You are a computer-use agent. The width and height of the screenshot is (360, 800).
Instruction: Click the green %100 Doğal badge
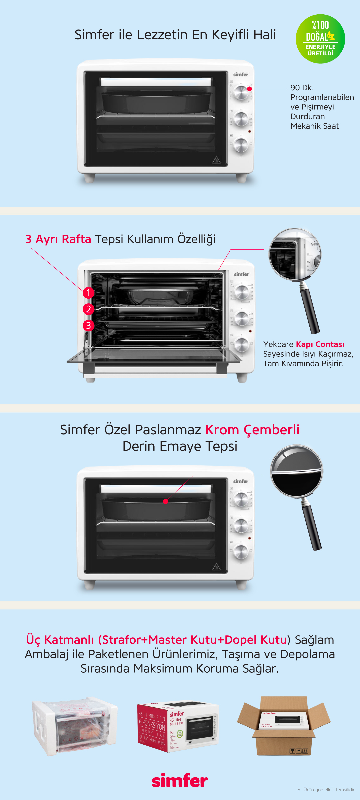point(320,39)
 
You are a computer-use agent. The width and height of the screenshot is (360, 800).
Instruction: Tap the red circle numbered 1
point(88,293)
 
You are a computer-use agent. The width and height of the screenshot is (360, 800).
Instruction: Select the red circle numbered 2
point(88,309)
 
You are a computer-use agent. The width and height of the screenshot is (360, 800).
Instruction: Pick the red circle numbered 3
point(88,325)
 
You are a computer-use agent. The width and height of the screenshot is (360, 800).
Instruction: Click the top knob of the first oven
point(241,92)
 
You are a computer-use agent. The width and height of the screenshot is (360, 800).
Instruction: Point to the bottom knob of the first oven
point(241,145)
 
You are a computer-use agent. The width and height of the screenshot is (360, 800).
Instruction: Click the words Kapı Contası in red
point(320,344)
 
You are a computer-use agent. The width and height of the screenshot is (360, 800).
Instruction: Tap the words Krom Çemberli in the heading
point(252,430)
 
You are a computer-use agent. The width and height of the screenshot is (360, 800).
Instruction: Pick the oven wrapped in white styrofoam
point(75,726)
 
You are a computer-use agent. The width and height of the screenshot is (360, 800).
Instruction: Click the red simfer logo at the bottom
point(180,780)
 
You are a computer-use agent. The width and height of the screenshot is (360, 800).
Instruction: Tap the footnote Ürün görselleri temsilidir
point(329,790)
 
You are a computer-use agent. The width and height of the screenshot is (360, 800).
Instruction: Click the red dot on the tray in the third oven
point(165,501)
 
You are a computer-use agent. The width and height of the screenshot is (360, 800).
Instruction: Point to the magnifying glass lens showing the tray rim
point(296,471)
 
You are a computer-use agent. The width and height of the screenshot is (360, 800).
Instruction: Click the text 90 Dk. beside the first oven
point(302,88)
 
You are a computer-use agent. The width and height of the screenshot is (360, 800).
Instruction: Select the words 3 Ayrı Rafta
point(58,239)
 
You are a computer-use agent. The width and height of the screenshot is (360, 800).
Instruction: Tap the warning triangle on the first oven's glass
point(216,160)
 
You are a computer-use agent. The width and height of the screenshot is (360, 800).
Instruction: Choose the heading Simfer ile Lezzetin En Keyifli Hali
point(175,35)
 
